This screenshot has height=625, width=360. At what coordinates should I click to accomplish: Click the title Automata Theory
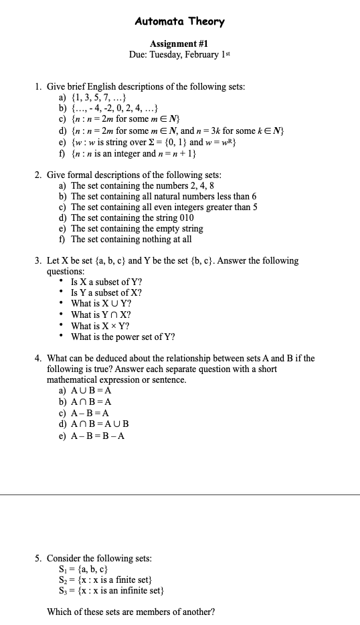(x=179, y=21)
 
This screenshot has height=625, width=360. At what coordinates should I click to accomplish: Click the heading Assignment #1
(x=179, y=43)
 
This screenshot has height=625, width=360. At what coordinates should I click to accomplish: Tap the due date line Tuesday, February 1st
(x=179, y=54)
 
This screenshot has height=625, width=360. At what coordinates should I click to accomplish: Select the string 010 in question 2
(x=185, y=217)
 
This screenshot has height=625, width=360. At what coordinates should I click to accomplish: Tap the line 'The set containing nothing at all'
(x=131, y=239)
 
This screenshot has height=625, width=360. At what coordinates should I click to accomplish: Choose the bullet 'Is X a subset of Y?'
(x=106, y=282)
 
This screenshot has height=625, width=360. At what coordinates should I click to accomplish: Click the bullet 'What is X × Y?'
(x=100, y=326)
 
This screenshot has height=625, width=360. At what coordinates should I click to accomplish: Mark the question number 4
(x=38, y=358)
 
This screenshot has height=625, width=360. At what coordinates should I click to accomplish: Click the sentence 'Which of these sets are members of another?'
(x=130, y=612)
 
